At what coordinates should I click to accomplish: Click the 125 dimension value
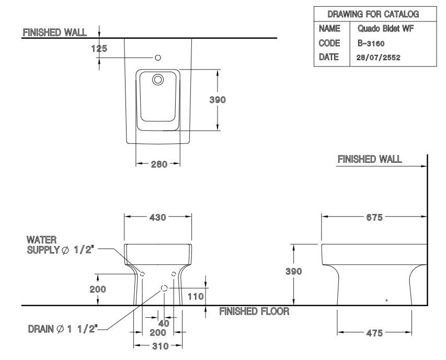click(99, 49)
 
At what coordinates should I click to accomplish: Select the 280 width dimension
click(159, 164)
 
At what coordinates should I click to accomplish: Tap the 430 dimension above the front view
click(157, 218)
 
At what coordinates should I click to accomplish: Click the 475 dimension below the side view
click(374, 333)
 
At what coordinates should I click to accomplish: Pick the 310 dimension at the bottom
click(157, 346)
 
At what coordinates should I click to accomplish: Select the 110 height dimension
click(195, 296)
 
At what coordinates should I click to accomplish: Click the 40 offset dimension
click(164, 323)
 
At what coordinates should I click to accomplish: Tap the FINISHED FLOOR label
click(254, 312)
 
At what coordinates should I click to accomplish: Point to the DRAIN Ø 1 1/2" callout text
click(62, 329)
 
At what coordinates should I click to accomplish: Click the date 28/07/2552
click(379, 58)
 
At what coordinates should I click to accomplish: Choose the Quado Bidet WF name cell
click(385, 29)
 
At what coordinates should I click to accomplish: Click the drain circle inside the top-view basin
click(157, 80)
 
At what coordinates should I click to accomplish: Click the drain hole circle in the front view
click(164, 288)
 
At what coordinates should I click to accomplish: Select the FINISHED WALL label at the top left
click(54, 32)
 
